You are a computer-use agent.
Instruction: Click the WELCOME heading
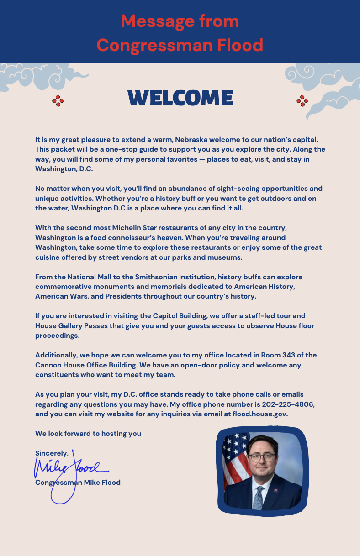180,98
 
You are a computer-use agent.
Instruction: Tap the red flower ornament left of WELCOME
58,101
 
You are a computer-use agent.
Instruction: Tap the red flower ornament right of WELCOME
302,101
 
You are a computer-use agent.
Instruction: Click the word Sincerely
52,453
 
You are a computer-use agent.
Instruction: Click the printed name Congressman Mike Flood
78,483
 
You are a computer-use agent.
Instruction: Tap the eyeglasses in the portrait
261,457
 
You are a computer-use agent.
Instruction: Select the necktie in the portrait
259,498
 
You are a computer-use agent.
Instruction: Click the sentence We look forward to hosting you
88,434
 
